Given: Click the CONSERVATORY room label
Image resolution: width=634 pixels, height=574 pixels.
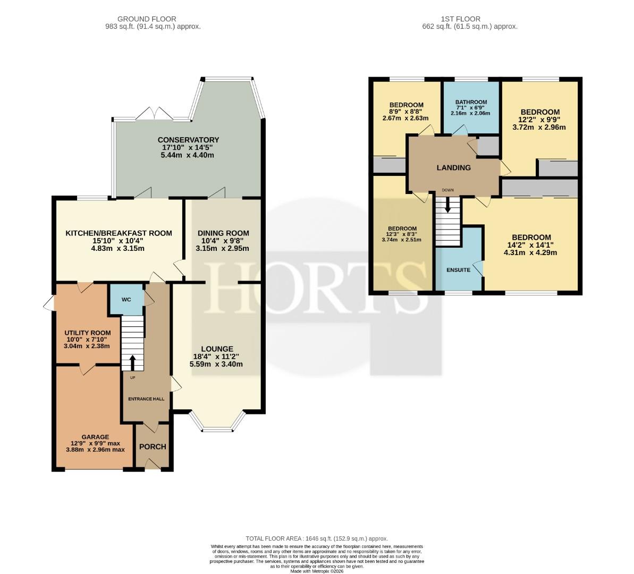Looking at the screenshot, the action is (x=188, y=140).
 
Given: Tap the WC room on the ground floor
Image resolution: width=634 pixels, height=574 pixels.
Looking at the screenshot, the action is (x=126, y=300).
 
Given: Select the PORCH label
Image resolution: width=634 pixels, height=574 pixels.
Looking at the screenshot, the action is (x=153, y=446).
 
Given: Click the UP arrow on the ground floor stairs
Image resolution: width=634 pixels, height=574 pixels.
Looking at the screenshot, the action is (x=132, y=362).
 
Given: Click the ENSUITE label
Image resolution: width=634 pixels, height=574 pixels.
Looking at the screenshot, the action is (x=458, y=270).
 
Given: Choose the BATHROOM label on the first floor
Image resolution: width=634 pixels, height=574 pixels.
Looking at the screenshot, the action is (x=471, y=102).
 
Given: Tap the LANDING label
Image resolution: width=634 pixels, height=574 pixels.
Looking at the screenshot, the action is (x=454, y=167).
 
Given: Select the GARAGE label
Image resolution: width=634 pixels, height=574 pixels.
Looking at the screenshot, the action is (x=96, y=437).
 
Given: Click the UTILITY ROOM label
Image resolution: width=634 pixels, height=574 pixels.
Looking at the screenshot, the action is (x=87, y=333).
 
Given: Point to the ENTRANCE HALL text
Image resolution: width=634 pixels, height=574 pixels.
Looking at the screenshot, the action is (x=146, y=399).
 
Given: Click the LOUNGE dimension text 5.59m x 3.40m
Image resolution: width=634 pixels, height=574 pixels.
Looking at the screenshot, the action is (x=216, y=364).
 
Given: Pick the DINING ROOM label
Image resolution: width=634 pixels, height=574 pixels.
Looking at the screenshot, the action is (x=223, y=233).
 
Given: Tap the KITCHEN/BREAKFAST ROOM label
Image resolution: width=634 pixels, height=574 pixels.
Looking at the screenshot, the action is (x=119, y=233).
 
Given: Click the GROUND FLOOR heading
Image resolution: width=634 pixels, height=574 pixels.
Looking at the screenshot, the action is (x=147, y=19).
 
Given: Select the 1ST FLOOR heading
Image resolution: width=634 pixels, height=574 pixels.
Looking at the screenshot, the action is (x=461, y=19).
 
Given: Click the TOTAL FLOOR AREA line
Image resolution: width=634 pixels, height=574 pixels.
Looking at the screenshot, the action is (x=317, y=538).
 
